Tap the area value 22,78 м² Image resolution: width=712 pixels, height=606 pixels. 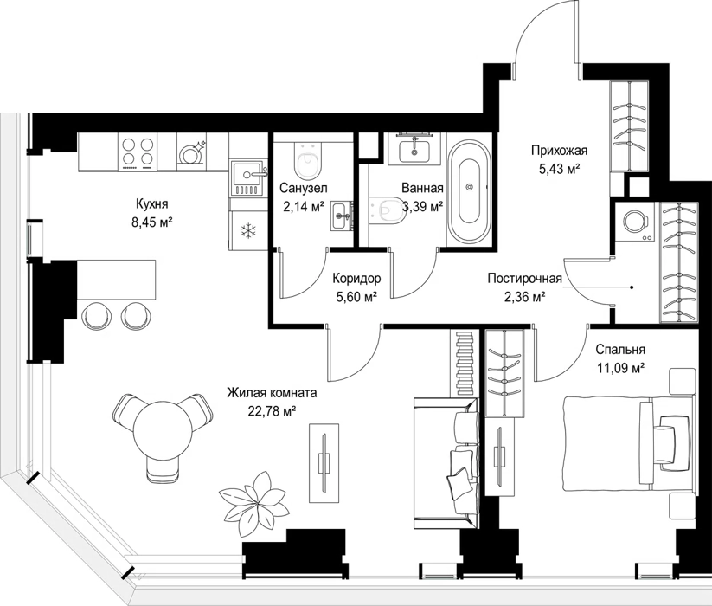point(272,411)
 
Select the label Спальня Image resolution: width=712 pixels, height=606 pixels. point(620,350)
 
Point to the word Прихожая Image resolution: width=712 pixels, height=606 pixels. point(560,150)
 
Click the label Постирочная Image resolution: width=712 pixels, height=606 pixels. point(525,278)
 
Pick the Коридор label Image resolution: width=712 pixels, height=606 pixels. point(356,278)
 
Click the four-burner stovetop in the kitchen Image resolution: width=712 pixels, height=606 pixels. point(138,151)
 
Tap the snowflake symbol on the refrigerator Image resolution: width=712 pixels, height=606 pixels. point(248,231)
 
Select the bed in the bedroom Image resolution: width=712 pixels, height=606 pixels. point(629,443)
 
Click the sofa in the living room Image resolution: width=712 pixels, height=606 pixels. point(446,463)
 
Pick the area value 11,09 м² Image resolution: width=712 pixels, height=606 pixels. point(620,368)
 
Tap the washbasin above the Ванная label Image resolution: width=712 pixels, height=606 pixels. point(414,150)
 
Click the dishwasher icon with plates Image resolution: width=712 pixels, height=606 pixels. point(191,152)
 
